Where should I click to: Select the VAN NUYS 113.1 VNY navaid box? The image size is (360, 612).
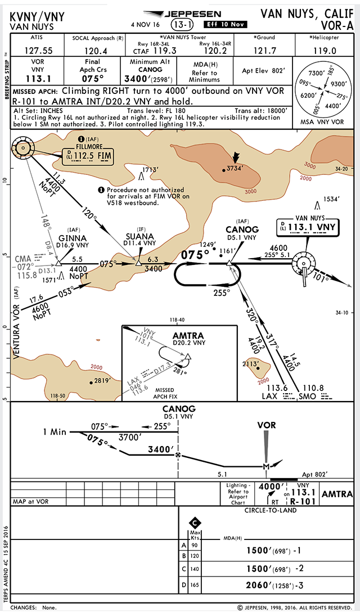[x=307, y=226]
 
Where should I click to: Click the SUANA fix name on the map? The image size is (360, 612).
[x=139, y=236]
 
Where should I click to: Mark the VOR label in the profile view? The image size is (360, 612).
[x=267, y=425]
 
